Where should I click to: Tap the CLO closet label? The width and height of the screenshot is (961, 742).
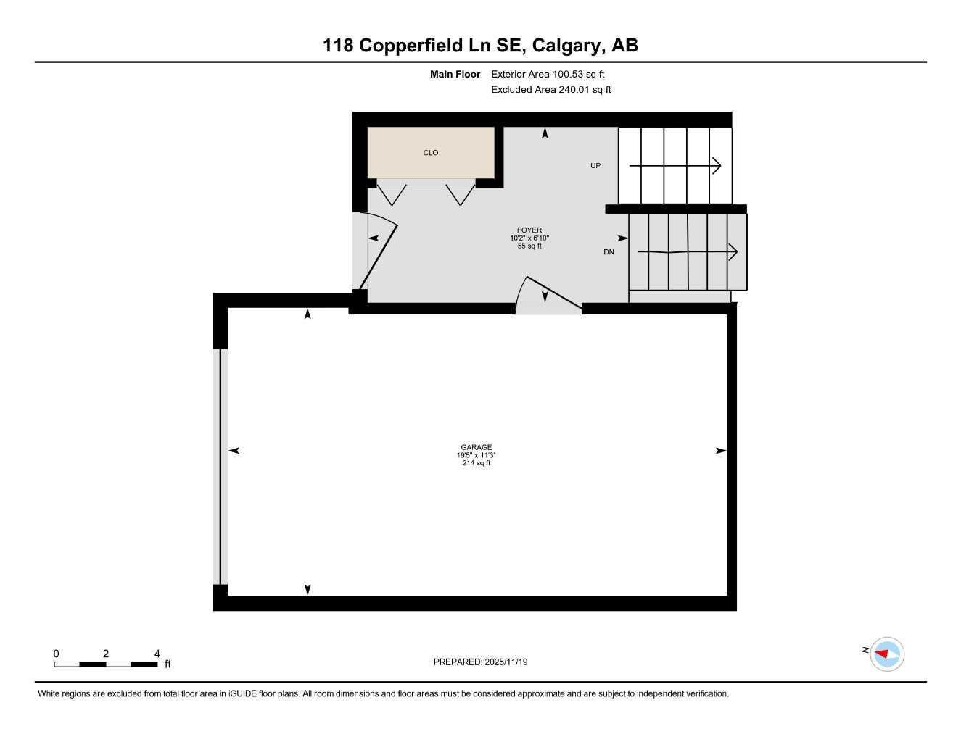point(431,153)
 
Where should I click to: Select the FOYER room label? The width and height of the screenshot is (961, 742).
point(529,230)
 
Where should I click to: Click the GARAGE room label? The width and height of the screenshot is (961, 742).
point(476,447)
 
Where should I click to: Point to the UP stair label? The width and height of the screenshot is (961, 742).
point(595,166)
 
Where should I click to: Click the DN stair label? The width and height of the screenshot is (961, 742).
point(609,252)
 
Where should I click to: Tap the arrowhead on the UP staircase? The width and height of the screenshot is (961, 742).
point(717,166)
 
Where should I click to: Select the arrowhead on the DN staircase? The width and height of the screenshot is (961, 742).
point(733,252)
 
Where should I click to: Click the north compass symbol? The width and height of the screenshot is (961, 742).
point(886,654)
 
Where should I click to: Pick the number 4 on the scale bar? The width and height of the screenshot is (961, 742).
point(157,654)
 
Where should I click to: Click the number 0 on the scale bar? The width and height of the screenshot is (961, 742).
point(57,654)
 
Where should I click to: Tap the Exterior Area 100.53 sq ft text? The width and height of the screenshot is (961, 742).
point(548,74)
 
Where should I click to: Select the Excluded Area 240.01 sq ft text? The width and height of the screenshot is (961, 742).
point(550,90)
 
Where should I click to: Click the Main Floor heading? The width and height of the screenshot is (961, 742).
point(455,74)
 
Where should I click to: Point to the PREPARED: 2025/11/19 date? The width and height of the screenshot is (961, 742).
point(480,662)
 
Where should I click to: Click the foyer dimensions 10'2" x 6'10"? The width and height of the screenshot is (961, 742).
point(529,238)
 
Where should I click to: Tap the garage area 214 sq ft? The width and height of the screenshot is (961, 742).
point(476,463)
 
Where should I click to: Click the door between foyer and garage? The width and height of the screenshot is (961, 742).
point(549,297)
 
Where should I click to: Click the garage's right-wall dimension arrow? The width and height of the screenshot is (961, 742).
point(721,451)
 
